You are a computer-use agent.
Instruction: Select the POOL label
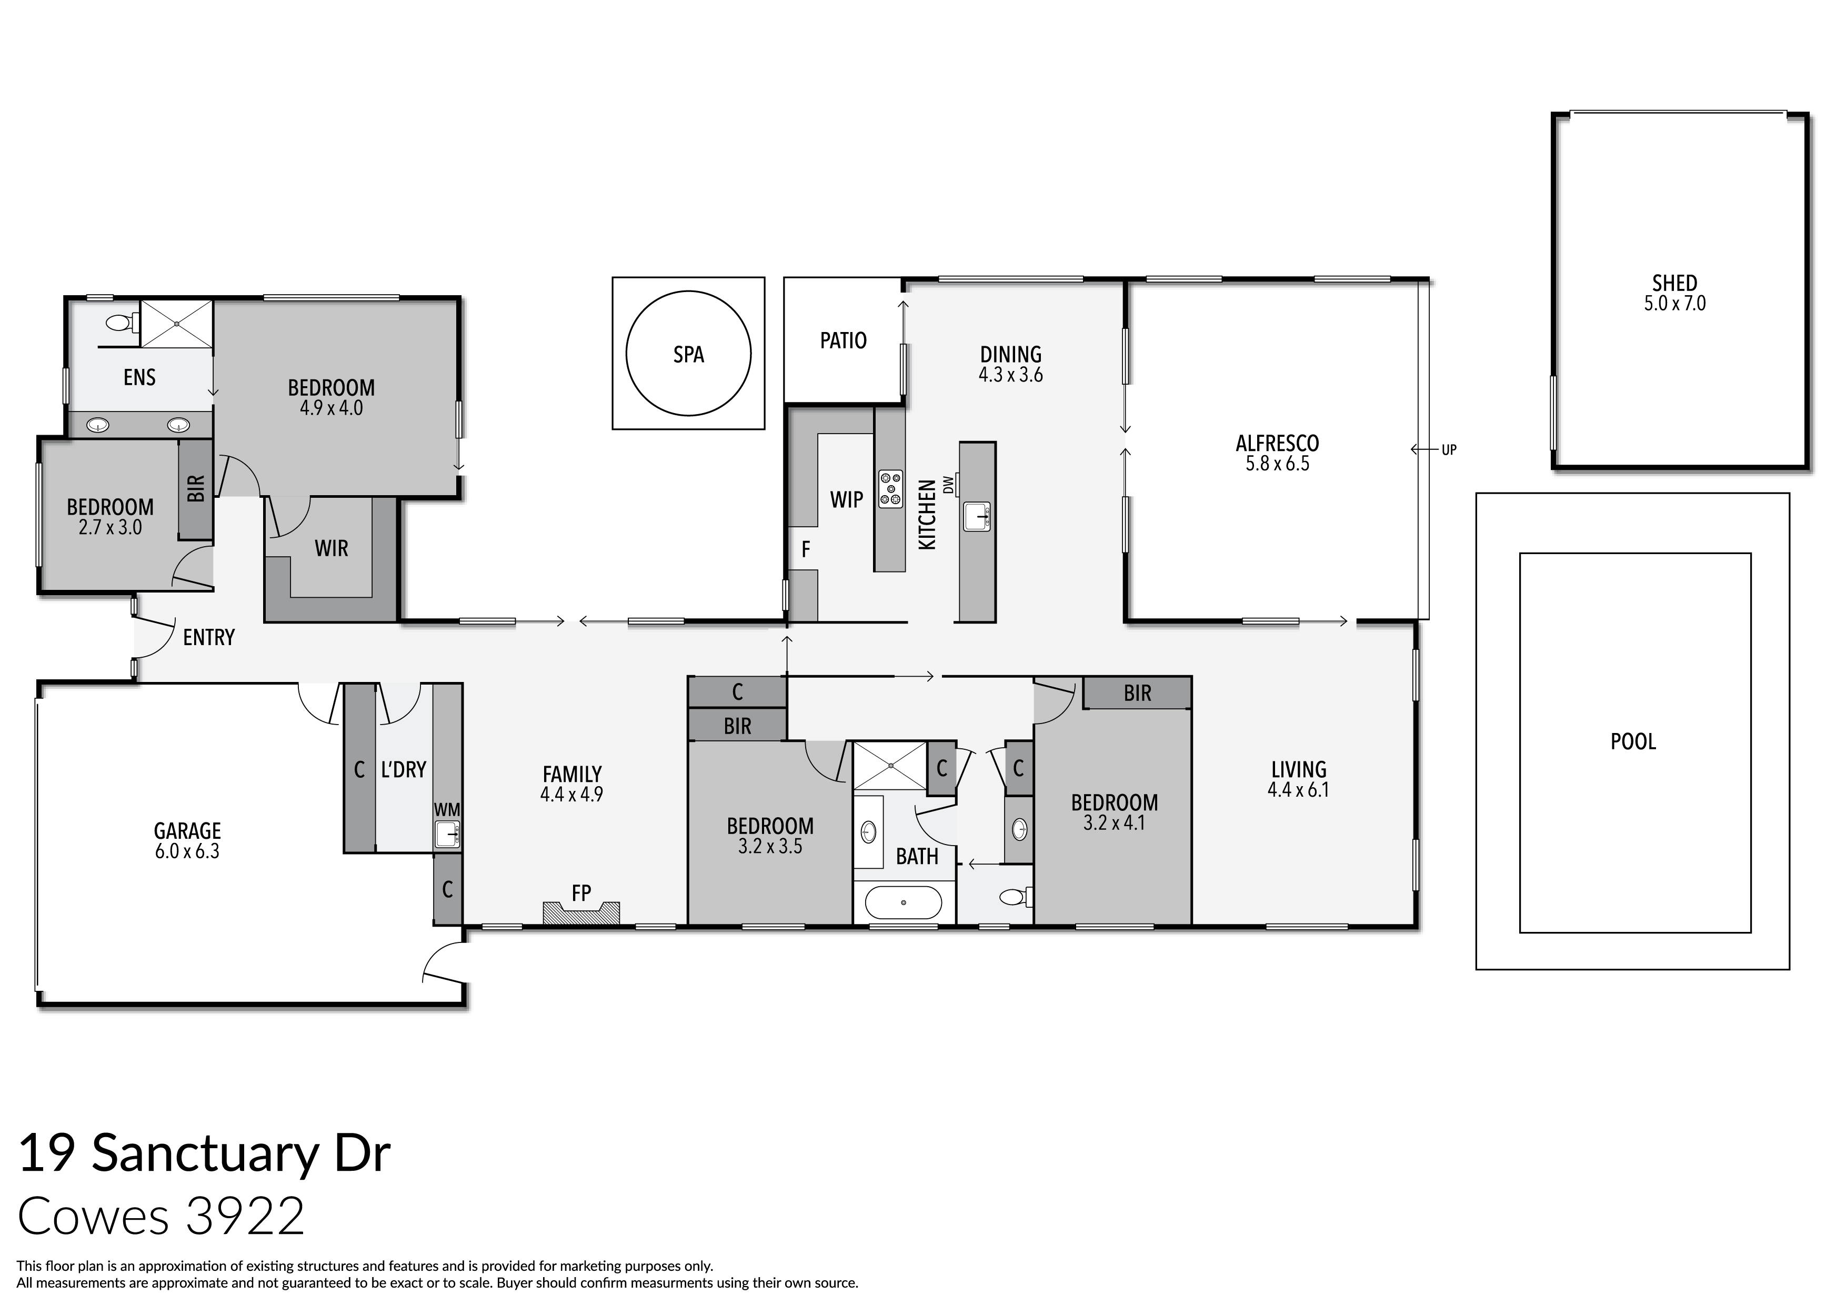pos(1633,741)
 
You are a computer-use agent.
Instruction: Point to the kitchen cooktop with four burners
pos(890,489)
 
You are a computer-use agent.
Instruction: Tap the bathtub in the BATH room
pos(904,903)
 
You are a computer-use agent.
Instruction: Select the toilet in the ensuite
pos(119,323)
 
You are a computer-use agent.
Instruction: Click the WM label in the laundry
pos(447,810)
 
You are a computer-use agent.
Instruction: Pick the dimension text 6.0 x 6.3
pos(187,851)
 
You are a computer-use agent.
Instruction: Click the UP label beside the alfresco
pos(1449,450)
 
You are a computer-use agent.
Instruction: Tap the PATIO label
pos(842,341)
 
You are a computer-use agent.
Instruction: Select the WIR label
pos(331,548)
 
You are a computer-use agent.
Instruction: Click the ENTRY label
pos(208,638)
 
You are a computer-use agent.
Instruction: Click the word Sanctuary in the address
pos(205,1154)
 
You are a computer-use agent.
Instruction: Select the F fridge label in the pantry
pos(805,550)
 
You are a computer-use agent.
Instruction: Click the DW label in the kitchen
pos(948,485)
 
